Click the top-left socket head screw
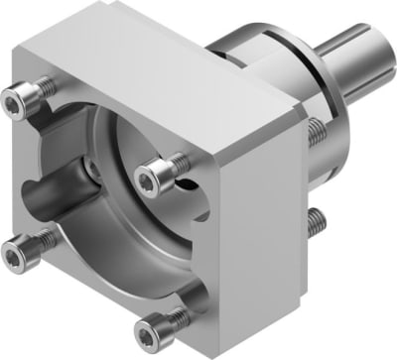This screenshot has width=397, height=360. click(23, 98)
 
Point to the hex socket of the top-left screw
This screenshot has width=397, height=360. click(21, 97)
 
